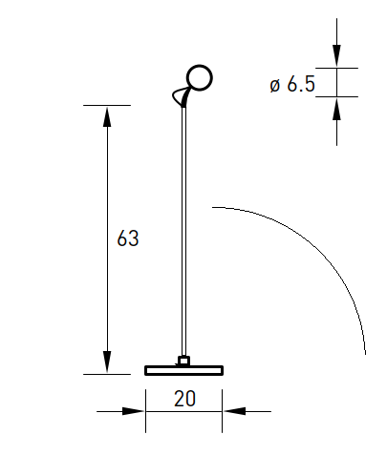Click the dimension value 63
(128, 238)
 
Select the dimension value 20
(184, 399)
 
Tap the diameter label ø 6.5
(292, 84)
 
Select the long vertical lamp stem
(183, 232)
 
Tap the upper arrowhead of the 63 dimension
(107, 117)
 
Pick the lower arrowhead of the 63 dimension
(107, 362)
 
